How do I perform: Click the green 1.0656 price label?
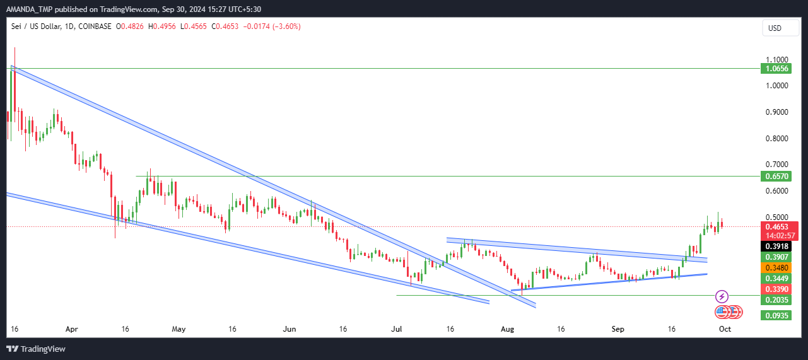coord(776,69)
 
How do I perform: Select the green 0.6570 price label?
coord(776,177)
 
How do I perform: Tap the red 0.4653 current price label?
coord(779,227)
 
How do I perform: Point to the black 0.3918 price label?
coord(776,247)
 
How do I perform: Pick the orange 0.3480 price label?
coord(776,268)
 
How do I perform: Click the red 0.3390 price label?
coord(776,289)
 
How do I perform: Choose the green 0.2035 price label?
coord(776,299)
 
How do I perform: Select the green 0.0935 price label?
coord(776,316)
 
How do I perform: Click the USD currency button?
coord(780,28)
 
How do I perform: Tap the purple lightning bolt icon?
coord(722,297)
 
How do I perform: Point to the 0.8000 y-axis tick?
coord(776,139)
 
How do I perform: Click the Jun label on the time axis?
coord(290,329)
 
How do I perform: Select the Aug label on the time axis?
coord(507,329)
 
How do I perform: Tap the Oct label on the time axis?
coord(725,329)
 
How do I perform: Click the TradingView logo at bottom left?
coord(36,349)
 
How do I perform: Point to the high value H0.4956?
coord(162,26)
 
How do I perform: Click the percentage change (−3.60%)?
coord(286,26)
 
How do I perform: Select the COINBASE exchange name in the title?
coord(95,26)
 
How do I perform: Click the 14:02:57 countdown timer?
coord(780,236)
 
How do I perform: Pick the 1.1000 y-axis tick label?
coord(776,59)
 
